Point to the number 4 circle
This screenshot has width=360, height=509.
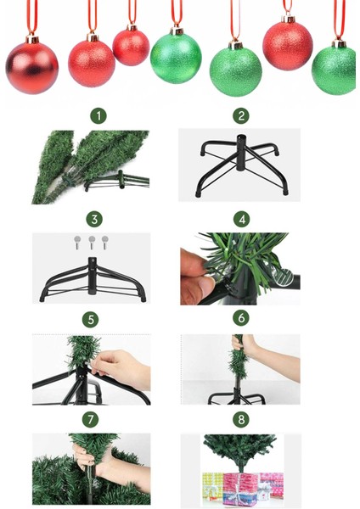click(242, 219)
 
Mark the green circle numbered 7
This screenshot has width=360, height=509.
click(90, 419)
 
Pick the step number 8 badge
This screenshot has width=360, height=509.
click(241, 419)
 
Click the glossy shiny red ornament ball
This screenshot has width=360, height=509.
click(31, 67)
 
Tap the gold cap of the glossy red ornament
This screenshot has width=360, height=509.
click(32, 39)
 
